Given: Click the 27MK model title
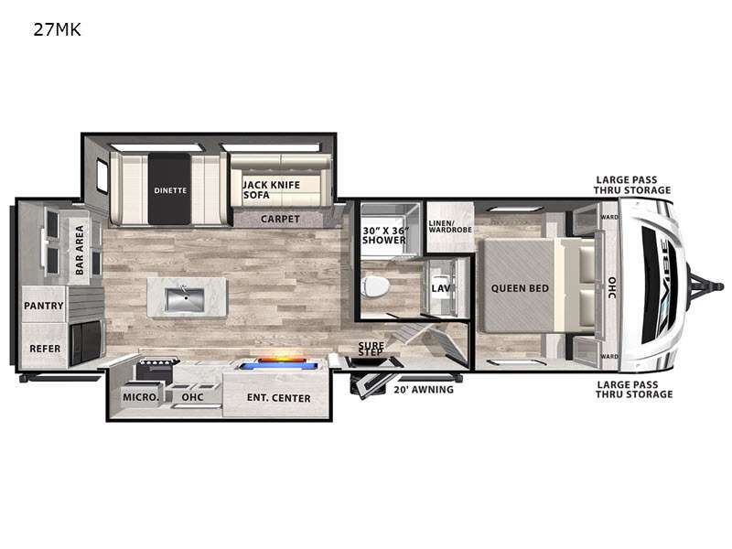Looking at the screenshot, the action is (x=57, y=30).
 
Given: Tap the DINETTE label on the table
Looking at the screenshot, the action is (x=170, y=190).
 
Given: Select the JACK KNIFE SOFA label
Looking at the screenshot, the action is (x=272, y=189).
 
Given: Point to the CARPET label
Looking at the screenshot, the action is (x=280, y=219).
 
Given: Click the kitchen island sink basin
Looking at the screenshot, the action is (x=185, y=300).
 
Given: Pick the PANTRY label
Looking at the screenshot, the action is (x=43, y=306).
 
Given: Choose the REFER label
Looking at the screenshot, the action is (x=45, y=349).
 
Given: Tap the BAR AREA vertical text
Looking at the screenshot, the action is (x=80, y=250).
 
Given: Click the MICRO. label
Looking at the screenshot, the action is (x=141, y=397).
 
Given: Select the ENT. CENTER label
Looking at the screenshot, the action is (x=278, y=398).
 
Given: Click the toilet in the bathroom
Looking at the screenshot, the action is (x=376, y=286).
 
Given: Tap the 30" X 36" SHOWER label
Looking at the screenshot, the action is (x=384, y=235).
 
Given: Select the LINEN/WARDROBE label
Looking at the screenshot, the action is (x=450, y=226).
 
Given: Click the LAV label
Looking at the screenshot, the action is (x=441, y=288).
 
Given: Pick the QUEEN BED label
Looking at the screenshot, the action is (x=520, y=288).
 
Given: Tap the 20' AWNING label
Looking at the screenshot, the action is (x=424, y=390).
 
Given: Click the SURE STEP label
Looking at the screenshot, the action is (x=371, y=349).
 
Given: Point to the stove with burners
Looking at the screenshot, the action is (x=157, y=369).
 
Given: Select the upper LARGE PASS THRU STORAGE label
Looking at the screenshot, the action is (x=632, y=185).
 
